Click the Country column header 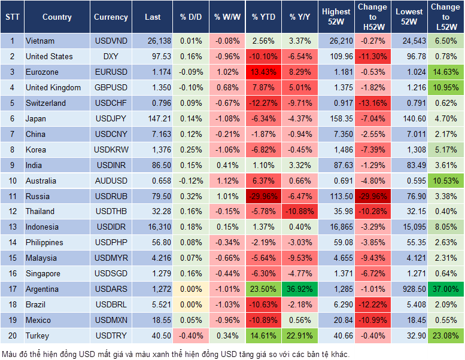point(57,17)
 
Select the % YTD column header point(263,17)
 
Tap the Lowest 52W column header point(410,17)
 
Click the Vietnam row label point(41,41)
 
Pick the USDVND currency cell point(111,41)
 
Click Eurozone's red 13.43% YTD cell point(263,72)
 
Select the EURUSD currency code point(111,72)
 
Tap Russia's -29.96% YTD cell point(263,196)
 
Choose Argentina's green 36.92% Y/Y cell point(300,289)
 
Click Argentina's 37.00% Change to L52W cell point(446,289)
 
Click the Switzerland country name point(46,103)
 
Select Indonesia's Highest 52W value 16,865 point(336,227)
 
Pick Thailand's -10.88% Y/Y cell point(300,212)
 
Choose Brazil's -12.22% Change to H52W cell point(372,305)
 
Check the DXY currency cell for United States point(111,56)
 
